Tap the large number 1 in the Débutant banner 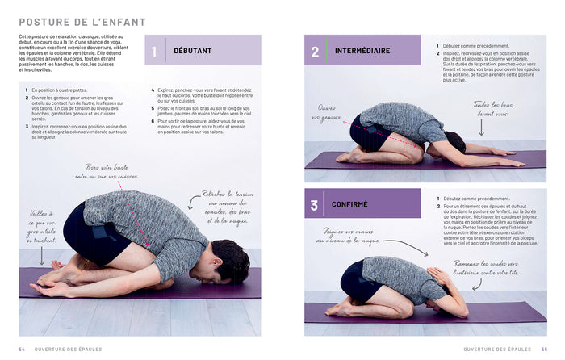[154, 52]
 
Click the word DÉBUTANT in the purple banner [192, 51]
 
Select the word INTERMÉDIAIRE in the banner [362, 51]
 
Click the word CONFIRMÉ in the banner [349, 204]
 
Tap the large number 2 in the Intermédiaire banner [315, 51]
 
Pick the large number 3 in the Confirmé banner [315, 204]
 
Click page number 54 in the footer [23, 349]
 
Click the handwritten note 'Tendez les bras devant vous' [492, 109]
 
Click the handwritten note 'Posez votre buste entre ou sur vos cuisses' [107, 171]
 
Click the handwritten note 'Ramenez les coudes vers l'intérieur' [492, 270]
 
